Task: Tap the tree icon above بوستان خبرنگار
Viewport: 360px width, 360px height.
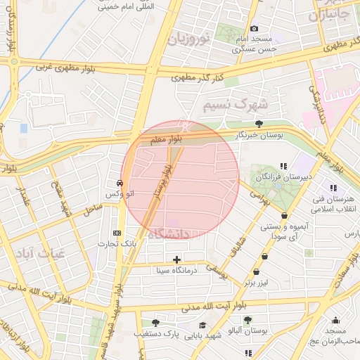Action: [259, 123]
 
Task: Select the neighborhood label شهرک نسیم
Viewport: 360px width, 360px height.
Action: [236, 105]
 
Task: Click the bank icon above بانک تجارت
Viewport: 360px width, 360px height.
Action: [117, 233]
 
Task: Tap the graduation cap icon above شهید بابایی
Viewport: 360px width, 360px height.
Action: [202, 325]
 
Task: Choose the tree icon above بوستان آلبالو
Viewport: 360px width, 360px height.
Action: [247, 320]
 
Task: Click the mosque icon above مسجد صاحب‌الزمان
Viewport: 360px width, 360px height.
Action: [335, 320]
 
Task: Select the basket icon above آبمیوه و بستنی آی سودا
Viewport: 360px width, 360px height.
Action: [284, 216]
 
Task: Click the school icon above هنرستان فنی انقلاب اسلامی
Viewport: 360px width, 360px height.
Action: [333, 188]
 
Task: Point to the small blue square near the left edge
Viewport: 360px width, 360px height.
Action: [24, 129]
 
